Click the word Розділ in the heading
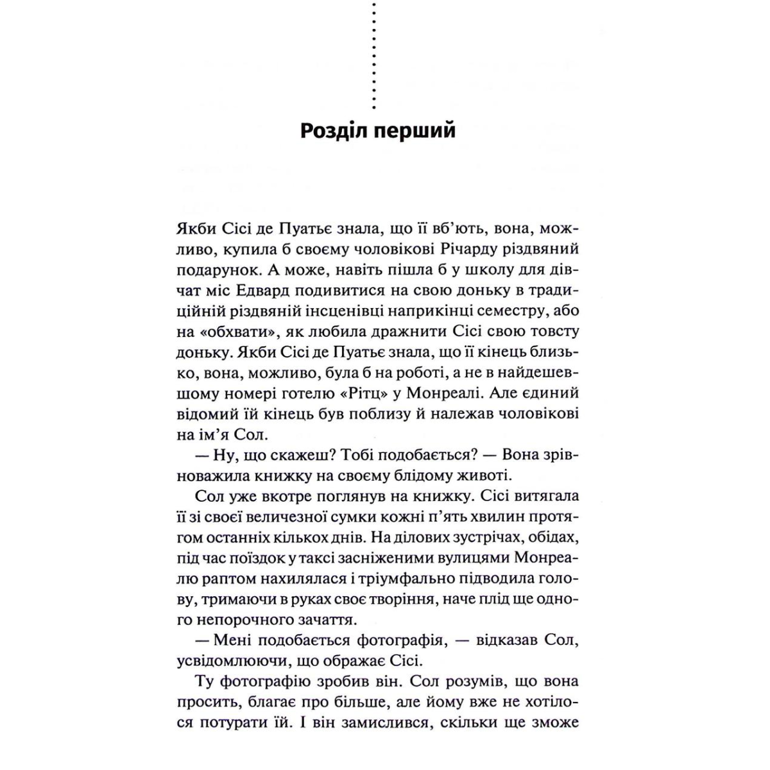pos(335,130)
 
